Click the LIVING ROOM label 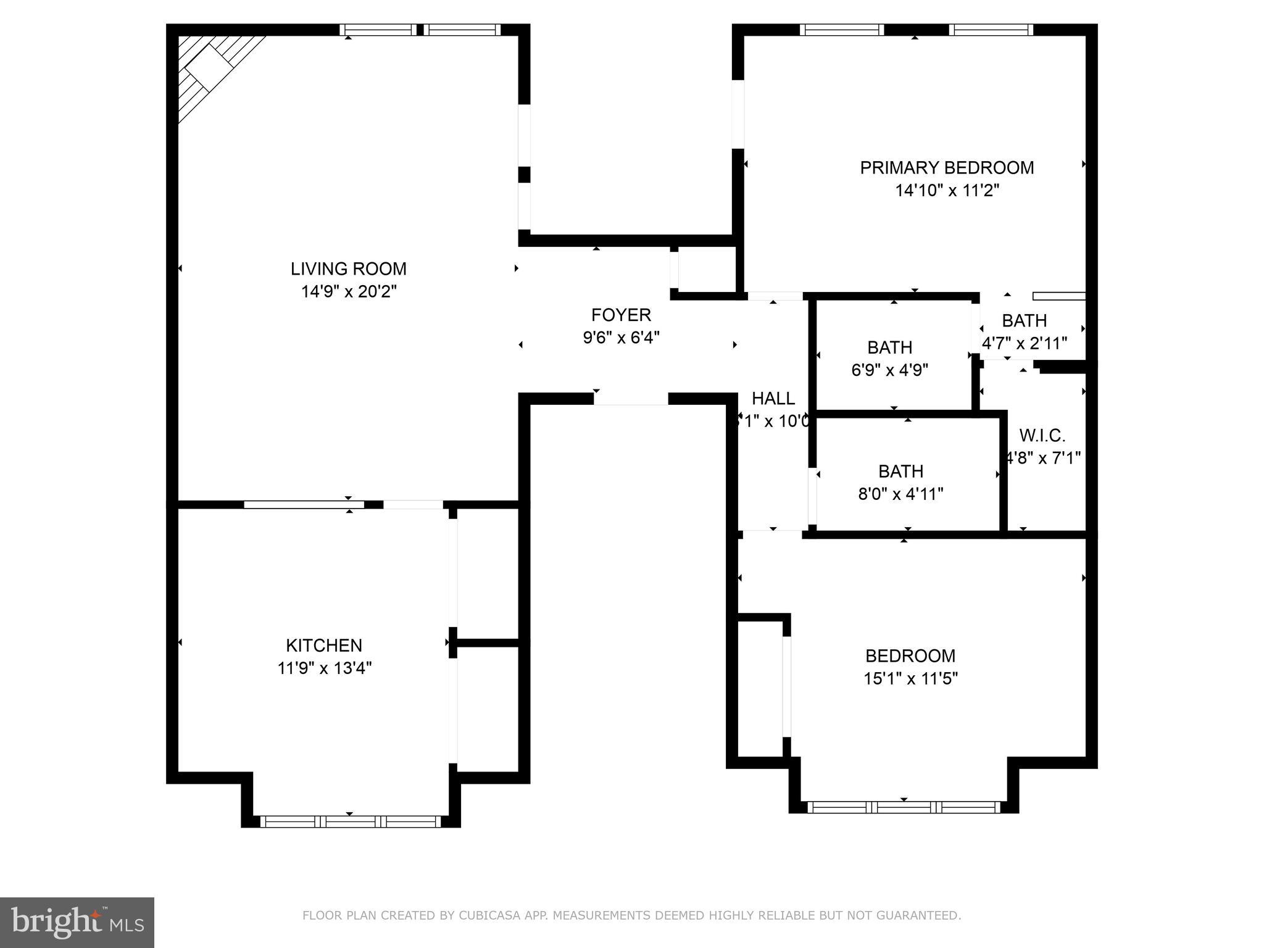point(349,269)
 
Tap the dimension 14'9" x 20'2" point(349,291)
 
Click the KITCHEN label point(323,646)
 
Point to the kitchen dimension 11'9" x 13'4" point(325,668)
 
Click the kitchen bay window point(351,821)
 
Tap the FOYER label point(621,315)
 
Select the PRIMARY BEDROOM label point(947,168)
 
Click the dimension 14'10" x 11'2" point(947,190)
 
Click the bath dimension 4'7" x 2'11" point(1025,343)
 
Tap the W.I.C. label point(1042,436)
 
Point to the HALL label point(773,398)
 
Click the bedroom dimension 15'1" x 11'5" point(910,679)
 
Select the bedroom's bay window point(904,807)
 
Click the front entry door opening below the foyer point(631,400)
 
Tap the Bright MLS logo point(77,922)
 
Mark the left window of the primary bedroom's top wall point(842,30)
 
